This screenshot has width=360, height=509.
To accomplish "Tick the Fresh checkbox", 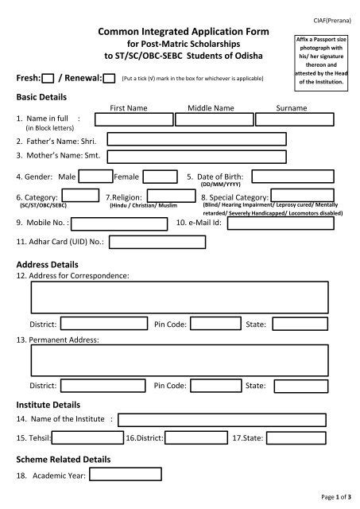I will click(48, 78).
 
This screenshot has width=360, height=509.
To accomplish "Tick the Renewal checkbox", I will click(109, 78).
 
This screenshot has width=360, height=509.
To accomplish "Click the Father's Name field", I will click(196, 139).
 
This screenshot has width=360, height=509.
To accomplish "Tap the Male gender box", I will click(95, 177).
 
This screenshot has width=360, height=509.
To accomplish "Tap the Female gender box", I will click(160, 177).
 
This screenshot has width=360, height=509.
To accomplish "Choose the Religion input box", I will click(171, 196).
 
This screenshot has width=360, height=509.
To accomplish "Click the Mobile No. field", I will click(121, 223).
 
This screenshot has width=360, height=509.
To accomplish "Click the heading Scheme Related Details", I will click(64, 459).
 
